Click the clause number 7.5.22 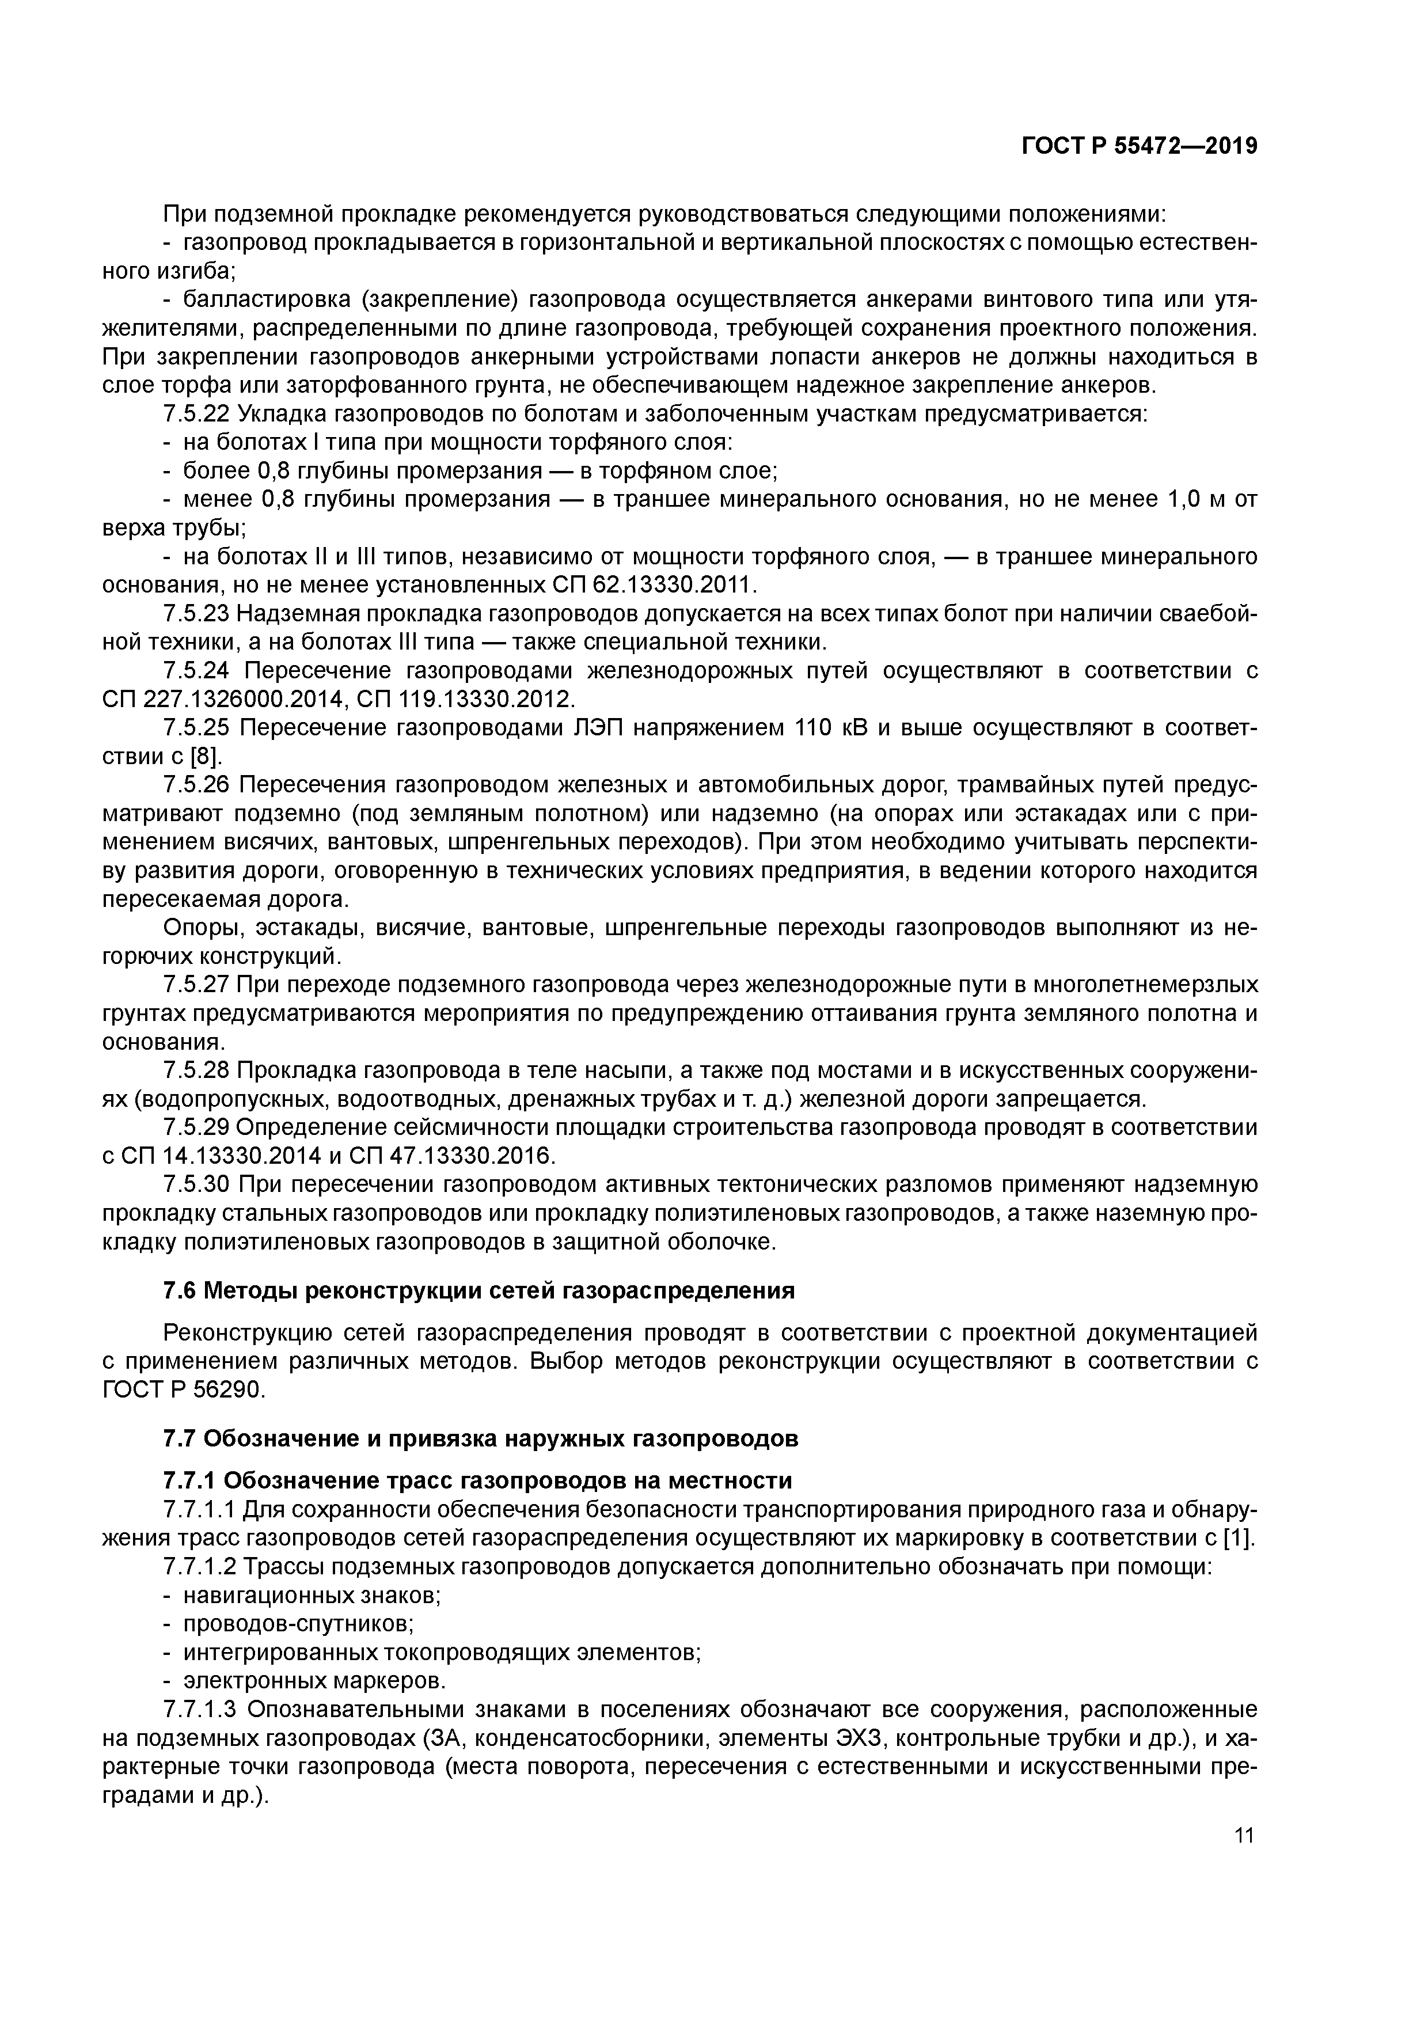197,413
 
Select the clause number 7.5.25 197,728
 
